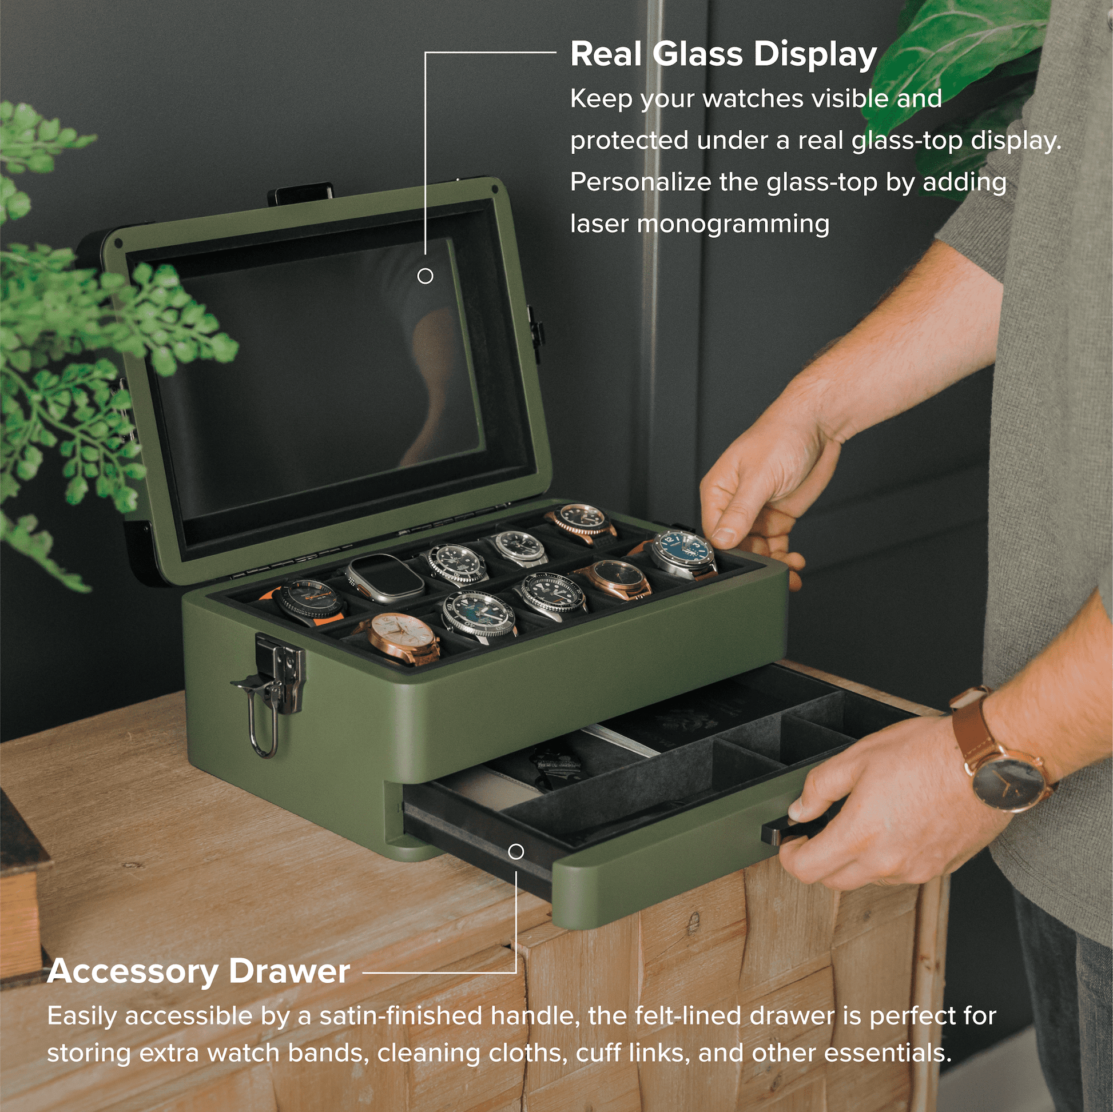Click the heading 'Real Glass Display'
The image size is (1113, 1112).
point(723,55)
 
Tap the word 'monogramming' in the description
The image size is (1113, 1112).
point(733,224)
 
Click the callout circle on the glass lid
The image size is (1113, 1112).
point(425,276)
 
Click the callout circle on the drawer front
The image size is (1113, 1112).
point(516,851)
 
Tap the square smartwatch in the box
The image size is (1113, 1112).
point(381,577)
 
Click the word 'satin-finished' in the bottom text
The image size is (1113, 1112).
point(400,1016)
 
